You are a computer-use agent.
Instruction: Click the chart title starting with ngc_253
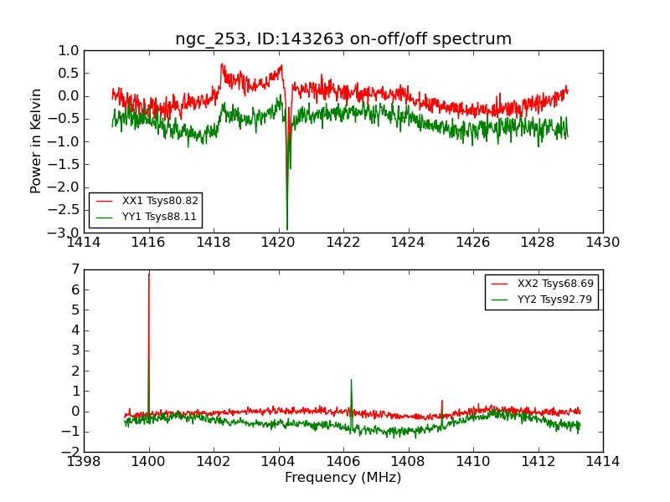343,38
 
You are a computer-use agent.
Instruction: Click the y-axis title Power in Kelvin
36,141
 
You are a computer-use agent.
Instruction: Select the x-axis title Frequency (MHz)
343,478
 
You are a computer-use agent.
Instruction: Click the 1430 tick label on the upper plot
603,243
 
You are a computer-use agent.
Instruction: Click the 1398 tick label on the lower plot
85,461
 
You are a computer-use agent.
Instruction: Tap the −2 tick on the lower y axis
72,452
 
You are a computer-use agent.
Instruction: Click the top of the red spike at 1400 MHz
149,274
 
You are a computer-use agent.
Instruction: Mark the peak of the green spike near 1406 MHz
351,380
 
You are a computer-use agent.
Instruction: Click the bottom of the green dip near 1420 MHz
287,229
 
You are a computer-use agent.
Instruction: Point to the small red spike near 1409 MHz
442,401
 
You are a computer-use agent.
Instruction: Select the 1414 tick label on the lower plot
603,461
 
